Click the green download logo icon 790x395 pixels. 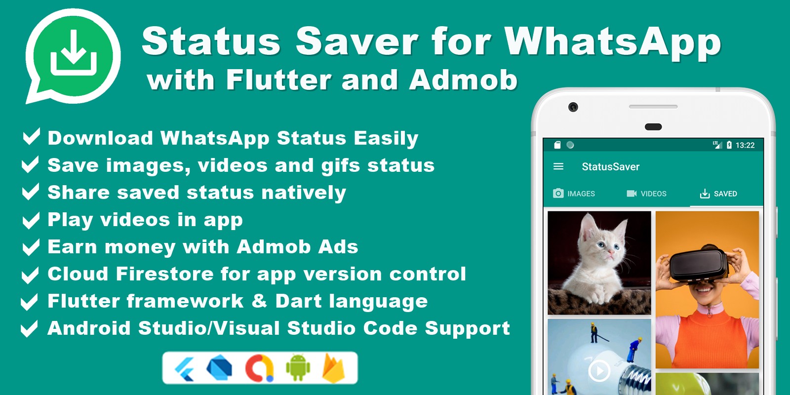pos(74,56)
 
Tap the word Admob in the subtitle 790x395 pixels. pos(463,79)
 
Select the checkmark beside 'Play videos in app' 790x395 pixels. pos(31,220)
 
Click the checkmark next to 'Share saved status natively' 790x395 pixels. pos(31,192)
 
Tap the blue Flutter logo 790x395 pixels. pos(185,369)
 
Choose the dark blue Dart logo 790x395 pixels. pos(219,368)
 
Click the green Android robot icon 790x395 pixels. pos(298,368)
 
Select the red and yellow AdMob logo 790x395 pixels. pos(259,368)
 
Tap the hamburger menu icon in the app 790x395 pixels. pos(558,166)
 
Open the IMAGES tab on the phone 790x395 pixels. pos(574,194)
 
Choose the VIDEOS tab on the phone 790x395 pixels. pos(646,194)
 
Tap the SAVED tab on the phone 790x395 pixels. pos(718,194)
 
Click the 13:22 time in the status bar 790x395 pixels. pos(745,145)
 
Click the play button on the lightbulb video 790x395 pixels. pos(599,371)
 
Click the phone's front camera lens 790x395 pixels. pos(573,107)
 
